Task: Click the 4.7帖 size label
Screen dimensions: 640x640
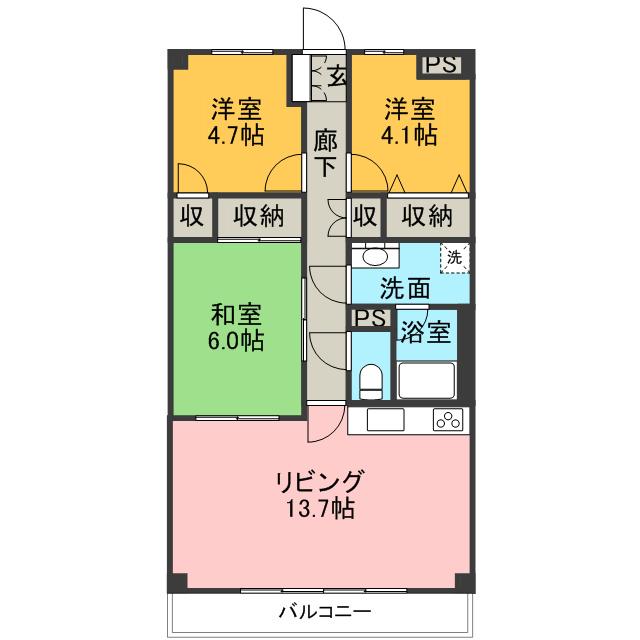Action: pyautogui.click(x=236, y=135)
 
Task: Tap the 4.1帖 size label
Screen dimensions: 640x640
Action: pyautogui.click(x=409, y=135)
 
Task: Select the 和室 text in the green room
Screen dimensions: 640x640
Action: pyautogui.click(x=236, y=315)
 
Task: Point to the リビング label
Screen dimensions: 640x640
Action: pyautogui.click(x=319, y=482)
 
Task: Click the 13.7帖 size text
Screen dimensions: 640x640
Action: pyautogui.click(x=319, y=508)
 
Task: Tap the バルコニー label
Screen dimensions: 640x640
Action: pyautogui.click(x=325, y=611)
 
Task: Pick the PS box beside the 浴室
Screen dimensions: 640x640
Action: pyautogui.click(x=370, y=318)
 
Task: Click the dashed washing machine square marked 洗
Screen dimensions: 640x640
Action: pyautogui.click(x=454, y=258)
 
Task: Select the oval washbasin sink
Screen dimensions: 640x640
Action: pyautogui.click(x=375, y=256)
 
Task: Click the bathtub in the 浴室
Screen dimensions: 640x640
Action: pyautogui.click(x=427, y=380)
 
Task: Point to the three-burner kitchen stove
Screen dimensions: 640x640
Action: pyautogui.click(x=448, y=420)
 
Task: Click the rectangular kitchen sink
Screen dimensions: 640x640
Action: pyautogui.click(x=385, y=419)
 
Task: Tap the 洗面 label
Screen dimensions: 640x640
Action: pyautogui.click(x=405, y=288)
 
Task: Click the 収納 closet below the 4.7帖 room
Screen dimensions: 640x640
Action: pyautogui.click(x=259, y=216)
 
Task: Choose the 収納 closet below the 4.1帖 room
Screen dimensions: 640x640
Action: pyautogui.click(x=427, y=216)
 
